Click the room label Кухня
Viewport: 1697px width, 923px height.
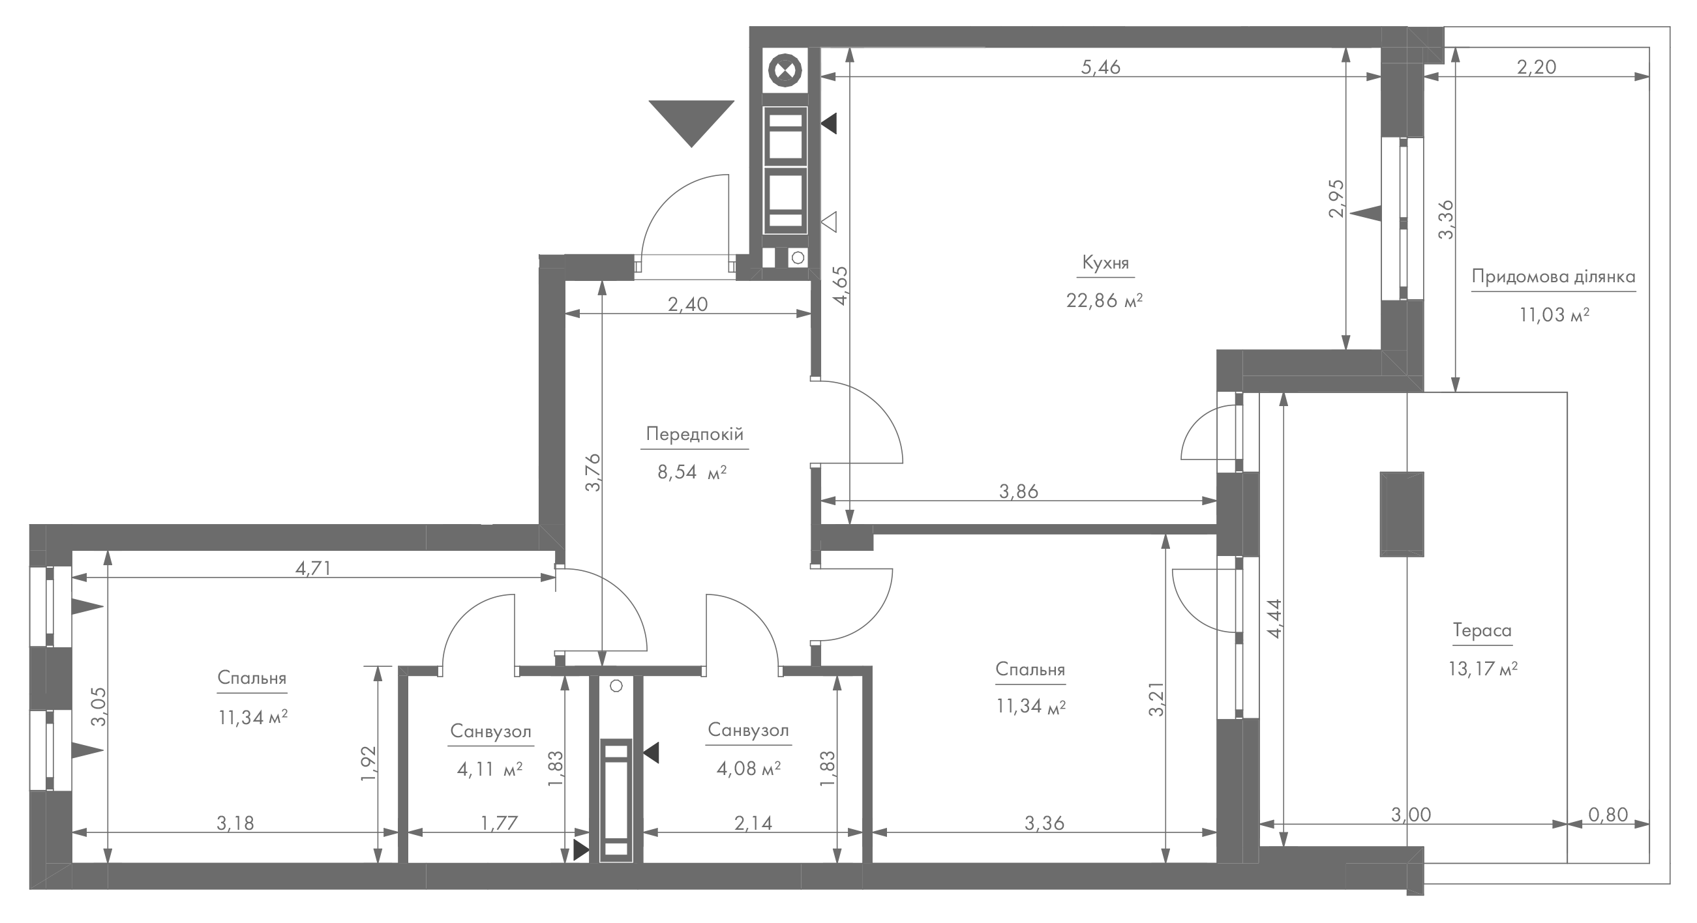tap(1105, 263)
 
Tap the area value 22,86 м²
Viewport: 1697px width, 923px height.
tap(1104, 301)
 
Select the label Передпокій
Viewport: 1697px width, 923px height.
tap(695, 435)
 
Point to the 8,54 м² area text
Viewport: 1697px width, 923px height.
tap(692, 472)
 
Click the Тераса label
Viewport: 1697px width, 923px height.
tap(1482, 631)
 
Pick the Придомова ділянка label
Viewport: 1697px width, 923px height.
tap(1554, 276)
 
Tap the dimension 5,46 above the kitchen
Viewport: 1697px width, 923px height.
tap(1101, 67)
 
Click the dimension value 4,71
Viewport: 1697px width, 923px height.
tap(312, 568)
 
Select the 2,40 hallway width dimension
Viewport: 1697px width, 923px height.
tap(688, 304)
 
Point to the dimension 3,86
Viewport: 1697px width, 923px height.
tap(1019, 491)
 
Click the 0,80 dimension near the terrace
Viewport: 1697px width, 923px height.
tap(1608, 814)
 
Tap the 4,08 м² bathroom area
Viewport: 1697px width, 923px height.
tap(748, 769)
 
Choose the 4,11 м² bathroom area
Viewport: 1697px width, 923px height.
tap(489, 769)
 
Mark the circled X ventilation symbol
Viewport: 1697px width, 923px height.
tap(785, 70)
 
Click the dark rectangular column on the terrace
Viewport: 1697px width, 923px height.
tap(1402, 514)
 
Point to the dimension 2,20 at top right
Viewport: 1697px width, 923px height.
tap(1537, 67)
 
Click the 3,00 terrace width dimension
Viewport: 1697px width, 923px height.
tap(1411, 814)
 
